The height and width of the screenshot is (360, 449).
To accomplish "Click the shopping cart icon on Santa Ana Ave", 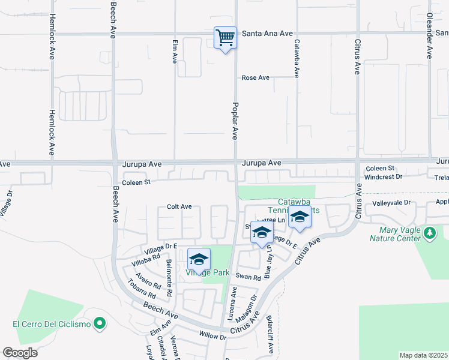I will (225, 38).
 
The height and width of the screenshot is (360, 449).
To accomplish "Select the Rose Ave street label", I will (255, 78).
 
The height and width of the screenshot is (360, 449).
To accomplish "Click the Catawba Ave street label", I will (297, 58).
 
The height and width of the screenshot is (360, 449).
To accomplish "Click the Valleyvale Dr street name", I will (390, 203).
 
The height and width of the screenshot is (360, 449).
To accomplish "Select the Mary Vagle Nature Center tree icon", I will (429, 232).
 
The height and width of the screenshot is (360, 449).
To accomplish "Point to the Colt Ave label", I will (179, 206).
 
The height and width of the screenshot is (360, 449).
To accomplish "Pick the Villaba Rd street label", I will (146, 259).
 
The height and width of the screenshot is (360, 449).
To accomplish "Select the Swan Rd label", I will (248, 277).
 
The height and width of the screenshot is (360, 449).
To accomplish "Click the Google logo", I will (20, 352).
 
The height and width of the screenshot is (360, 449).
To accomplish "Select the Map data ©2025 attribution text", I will (423, 355).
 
